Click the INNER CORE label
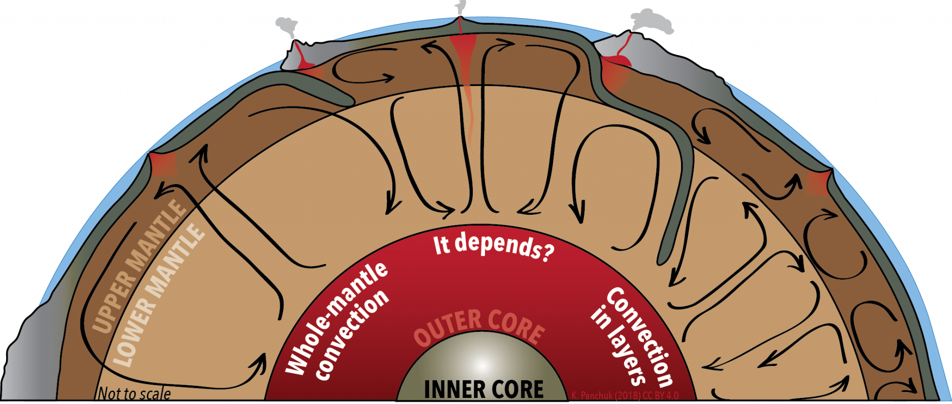tap(483, 390)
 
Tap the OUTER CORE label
tap(479, 328)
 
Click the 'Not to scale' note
tap(134, 394)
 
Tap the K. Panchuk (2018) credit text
tap(625, 396)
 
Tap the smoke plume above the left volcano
tap(287, 26)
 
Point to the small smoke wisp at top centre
tap(460, 7)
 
